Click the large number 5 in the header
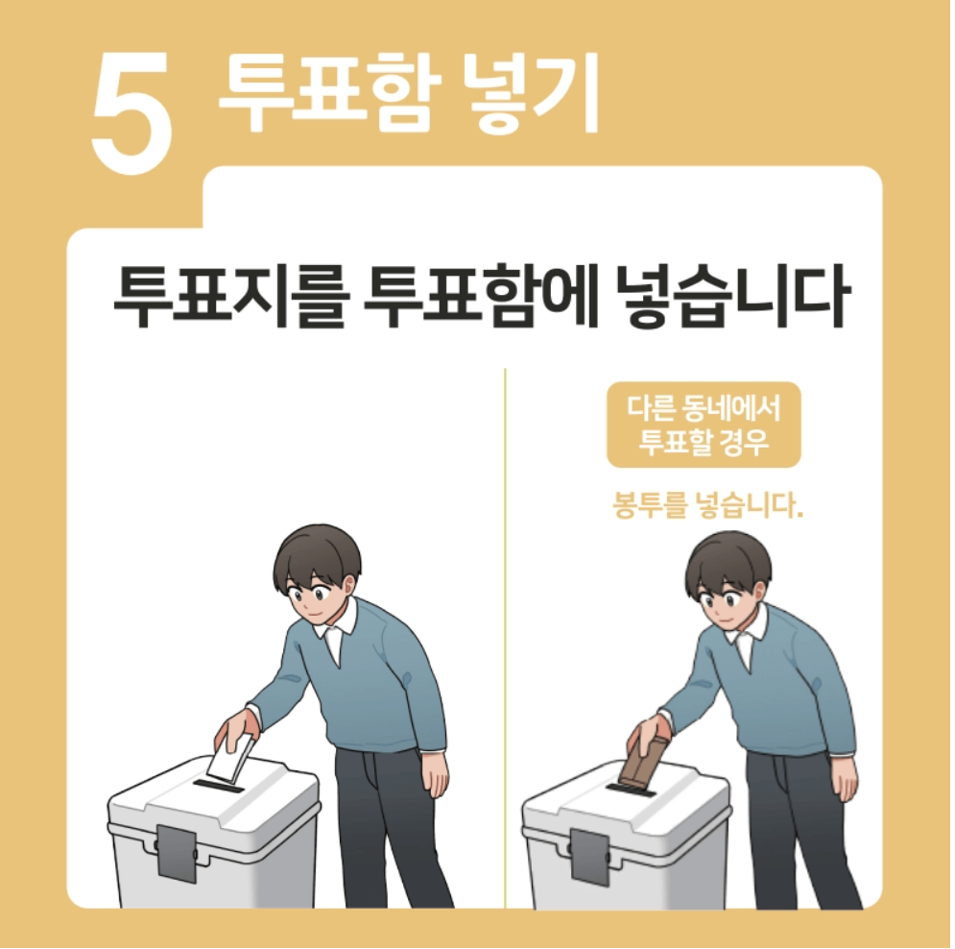coord(133,112)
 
